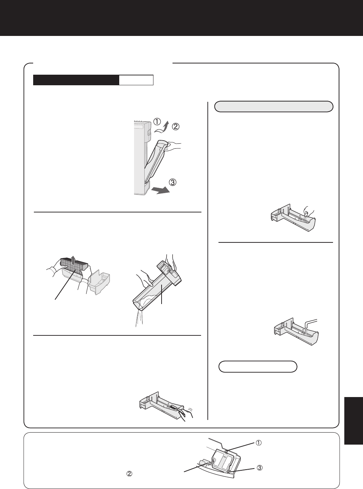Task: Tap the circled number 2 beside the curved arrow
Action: point(176,126)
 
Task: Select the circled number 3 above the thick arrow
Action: point(173,182)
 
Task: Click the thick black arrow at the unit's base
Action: point(161,190)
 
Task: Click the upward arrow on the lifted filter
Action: point(73,260)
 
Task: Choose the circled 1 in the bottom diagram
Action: point(259,443)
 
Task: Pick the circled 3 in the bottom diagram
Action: point(260,468)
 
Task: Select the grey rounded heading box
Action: point(274,106)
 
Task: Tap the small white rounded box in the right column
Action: point(258,367)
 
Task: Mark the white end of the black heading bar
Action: point(136,80)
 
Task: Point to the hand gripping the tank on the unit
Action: point(174,147)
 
